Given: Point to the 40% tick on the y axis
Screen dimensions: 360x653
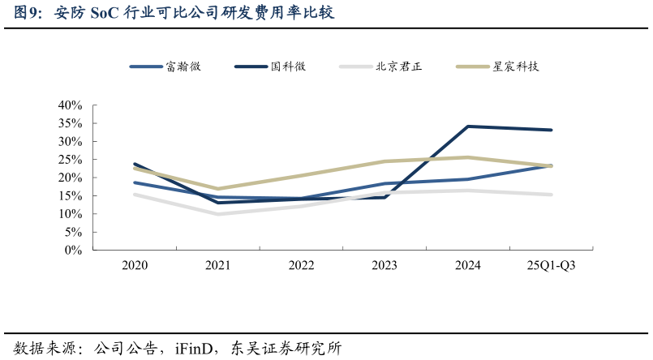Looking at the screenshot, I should [71, 105].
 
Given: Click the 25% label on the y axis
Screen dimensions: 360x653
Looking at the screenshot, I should [71, 160].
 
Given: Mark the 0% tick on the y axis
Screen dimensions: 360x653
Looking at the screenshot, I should [74, 251].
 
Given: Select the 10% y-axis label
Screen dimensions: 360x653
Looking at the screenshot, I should [71, 214].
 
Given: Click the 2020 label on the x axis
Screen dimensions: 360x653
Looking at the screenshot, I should [135, 265].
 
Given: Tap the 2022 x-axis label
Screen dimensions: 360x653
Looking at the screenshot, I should [301, 265].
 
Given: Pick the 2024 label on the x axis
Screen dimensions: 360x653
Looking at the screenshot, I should [468, 265].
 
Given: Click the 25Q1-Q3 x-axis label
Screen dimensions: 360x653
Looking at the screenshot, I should [552, 265].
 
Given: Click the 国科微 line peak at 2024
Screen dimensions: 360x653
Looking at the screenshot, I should [468, 126].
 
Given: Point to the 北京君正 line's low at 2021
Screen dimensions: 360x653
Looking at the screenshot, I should [218, 214].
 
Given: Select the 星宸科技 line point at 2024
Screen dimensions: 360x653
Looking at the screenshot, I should [468, 157].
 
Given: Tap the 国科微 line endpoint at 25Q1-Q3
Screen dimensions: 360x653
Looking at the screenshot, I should [552, 130].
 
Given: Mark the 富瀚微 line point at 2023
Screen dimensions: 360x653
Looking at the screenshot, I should [384, 184].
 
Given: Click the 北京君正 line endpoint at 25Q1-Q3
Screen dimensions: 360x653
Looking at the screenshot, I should [552, 195].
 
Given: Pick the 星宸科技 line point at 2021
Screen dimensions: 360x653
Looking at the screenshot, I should [218, 189].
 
